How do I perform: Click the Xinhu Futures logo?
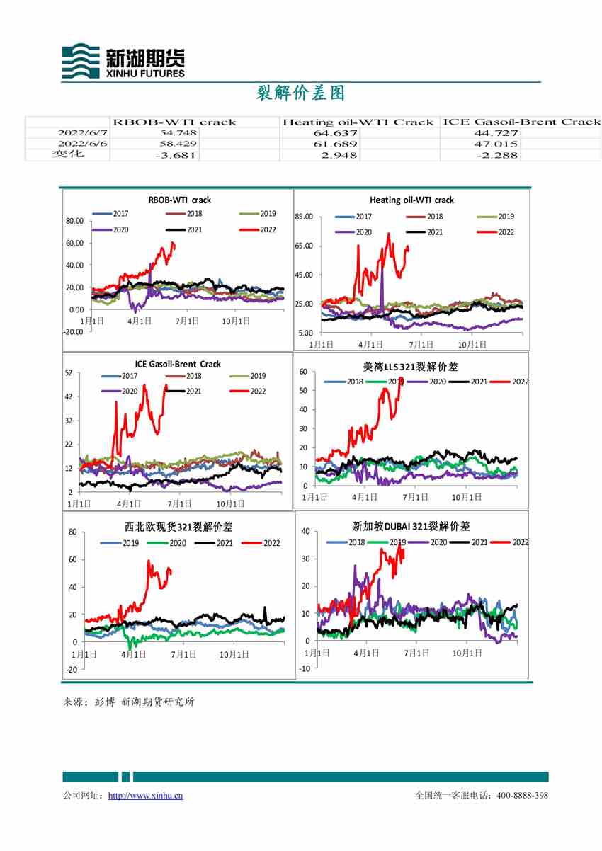(123, 61)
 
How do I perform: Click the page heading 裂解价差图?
(300, 93)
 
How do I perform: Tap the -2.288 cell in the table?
(497, 154)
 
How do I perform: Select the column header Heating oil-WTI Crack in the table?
(358, 122)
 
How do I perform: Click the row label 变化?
(67, 154)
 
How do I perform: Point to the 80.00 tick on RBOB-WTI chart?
(74, 221)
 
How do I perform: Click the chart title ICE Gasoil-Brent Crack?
(178, 364)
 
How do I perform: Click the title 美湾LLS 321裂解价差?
(411, 367)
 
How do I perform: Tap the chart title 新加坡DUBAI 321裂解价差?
(411, 526)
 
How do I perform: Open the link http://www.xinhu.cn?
(145, 796)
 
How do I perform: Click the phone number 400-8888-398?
(522, 796)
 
